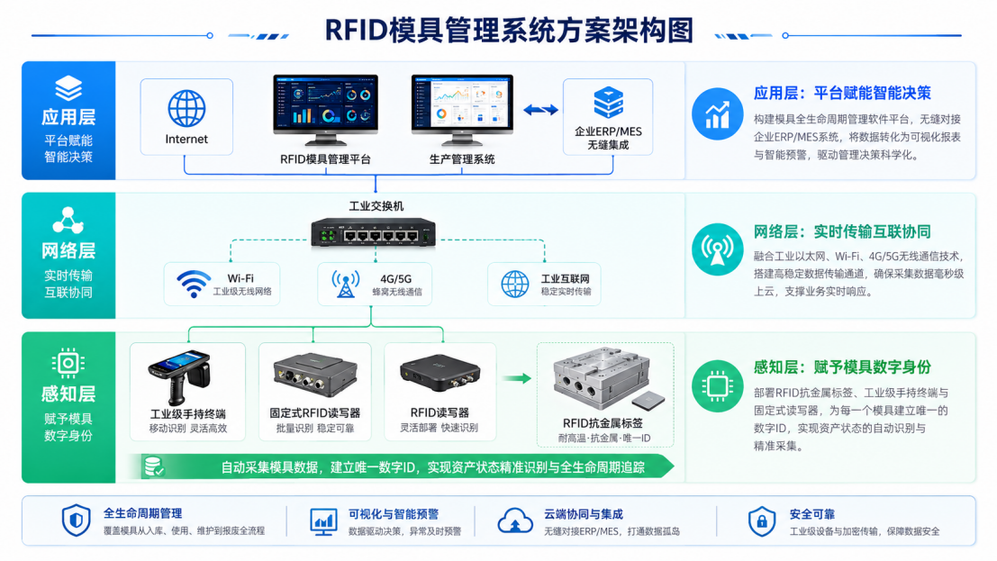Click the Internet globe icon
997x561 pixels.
coord(186,107)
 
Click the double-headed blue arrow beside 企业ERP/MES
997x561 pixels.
coord(540,110)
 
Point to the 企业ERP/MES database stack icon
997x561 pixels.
coord(608,103)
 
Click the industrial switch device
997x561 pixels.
coord(373,232)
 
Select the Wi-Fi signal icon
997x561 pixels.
coord(194,284)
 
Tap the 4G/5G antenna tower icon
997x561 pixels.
coord(345,284)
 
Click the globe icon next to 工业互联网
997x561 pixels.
coord(514,284)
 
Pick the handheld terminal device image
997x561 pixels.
coord(179,377)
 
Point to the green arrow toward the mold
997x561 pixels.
coord(516,378)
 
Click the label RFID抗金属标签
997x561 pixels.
coord(603,423)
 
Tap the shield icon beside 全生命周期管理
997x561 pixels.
coord(77,520)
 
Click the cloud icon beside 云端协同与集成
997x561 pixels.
coord(515,520)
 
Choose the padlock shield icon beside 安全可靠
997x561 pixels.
coord(762,521)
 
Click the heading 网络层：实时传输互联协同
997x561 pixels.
coord(842,231)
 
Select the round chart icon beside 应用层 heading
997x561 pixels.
coord(717,113)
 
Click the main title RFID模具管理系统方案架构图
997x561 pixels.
coord(509,31)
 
